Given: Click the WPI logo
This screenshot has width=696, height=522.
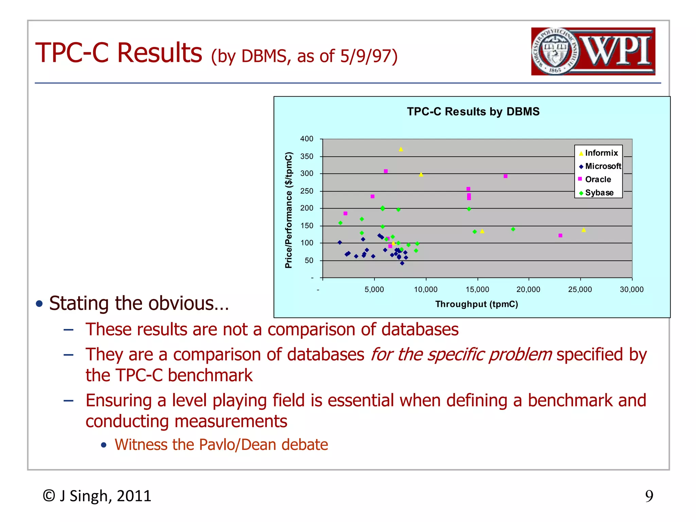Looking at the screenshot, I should coord(593,51).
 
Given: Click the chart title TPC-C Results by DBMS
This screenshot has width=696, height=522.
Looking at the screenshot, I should coord(473,111).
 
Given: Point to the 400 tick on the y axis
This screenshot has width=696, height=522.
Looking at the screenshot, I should coord(307,139).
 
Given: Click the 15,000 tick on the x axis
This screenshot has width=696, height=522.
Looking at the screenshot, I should coord(477,290).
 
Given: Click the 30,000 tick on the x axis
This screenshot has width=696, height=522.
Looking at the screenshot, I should coord(631,290).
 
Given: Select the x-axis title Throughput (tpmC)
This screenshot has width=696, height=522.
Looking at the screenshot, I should coord(476,304).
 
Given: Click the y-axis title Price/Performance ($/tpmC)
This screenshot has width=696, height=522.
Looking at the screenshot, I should coord(289,210).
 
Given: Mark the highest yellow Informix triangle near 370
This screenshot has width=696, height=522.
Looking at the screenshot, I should coord(401,149).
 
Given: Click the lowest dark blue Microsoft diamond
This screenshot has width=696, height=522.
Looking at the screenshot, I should coord(402,263).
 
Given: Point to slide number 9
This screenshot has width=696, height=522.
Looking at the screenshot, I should coord(649,496).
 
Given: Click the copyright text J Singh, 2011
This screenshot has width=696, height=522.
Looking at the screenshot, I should coord(97,496).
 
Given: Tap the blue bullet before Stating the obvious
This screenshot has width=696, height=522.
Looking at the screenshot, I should coord(39,303).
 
